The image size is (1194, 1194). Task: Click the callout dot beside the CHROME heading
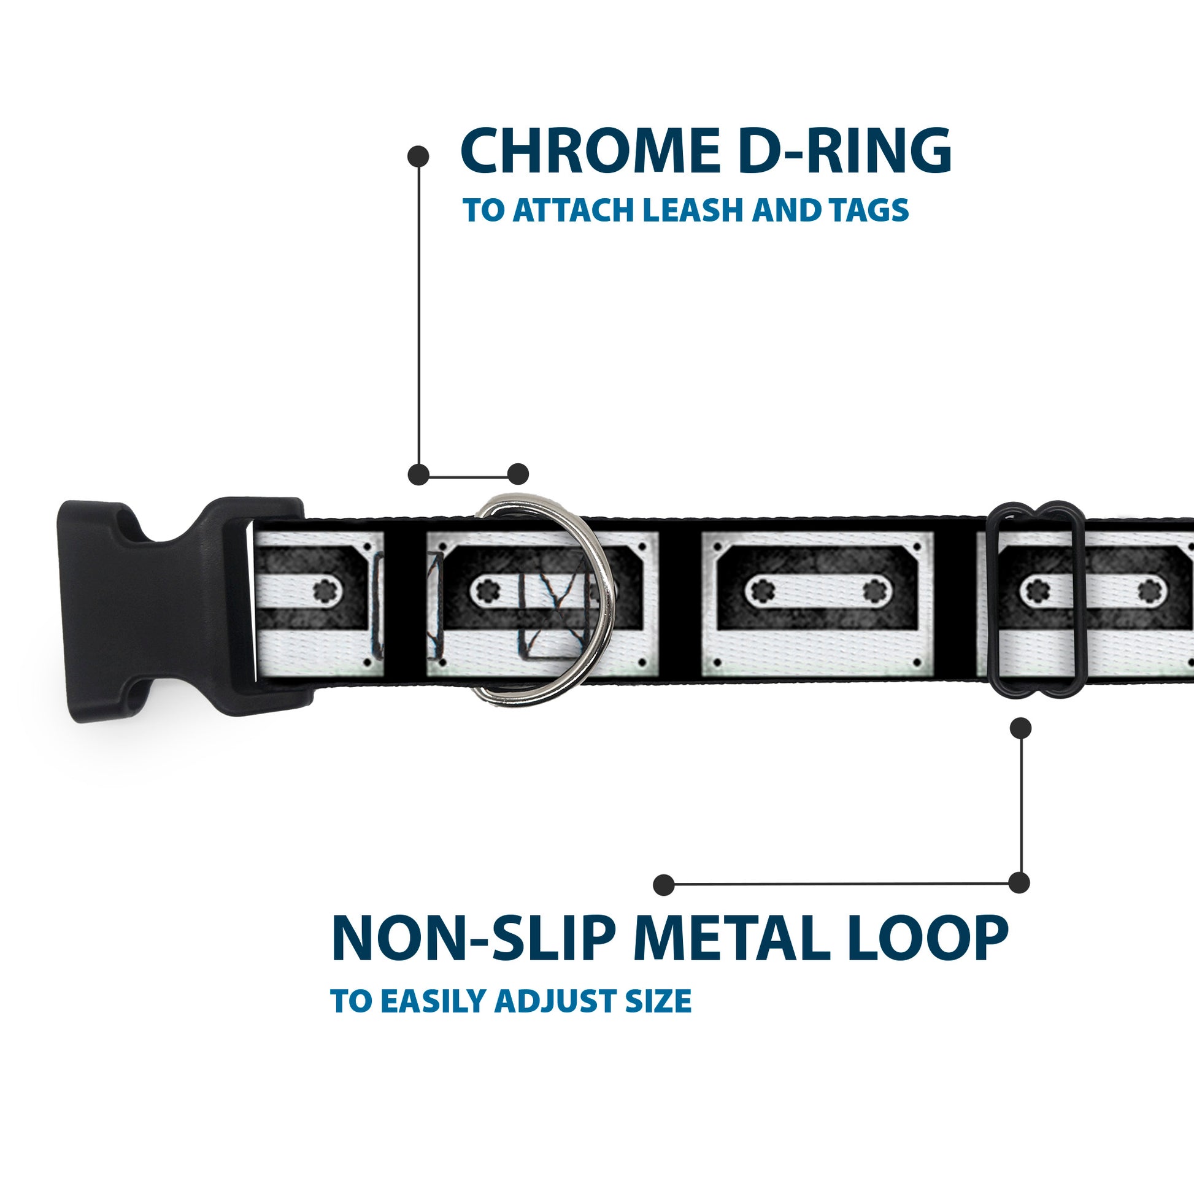[x=418, y=156]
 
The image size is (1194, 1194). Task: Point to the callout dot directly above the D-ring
[x=518, y=474]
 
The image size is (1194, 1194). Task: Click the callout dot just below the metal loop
[x=1020, y=728]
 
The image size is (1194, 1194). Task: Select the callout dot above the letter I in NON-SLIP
[x=664, y=884]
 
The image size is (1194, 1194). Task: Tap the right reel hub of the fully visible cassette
[x=872, y=592]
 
